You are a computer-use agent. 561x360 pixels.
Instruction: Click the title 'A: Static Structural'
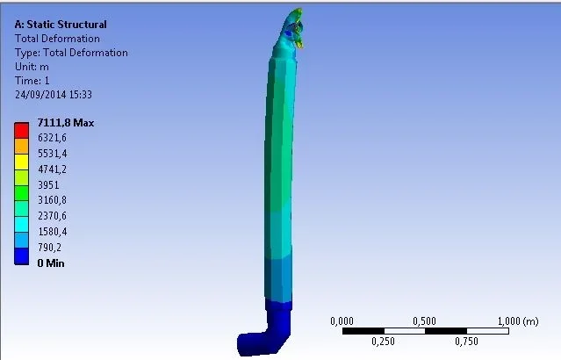click(61, 25)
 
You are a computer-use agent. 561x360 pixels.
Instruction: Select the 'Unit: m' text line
click(32, 67)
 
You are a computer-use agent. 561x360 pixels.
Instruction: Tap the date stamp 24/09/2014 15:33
click(54, 95)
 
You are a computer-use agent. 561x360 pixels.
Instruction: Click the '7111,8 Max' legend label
click(66, 123)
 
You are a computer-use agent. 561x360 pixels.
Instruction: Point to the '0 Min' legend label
click(51, 263)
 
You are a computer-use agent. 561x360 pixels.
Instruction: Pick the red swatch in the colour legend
click(21, 130)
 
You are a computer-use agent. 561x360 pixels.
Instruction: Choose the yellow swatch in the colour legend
click(21, 162)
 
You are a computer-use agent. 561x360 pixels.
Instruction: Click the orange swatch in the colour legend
click(21, 146)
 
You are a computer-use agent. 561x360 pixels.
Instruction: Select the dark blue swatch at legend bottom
click(21, 256)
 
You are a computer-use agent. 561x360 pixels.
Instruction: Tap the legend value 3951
click(48, 184)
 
